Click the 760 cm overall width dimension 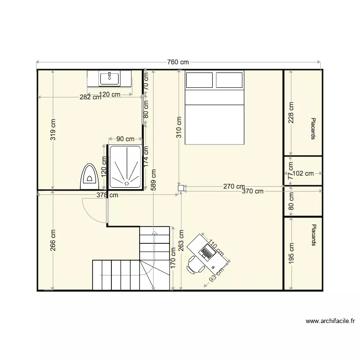coord(178,62)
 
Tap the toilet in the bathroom coord(88,176)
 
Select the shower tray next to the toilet coord(125,167)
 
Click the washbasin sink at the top coord(109,77)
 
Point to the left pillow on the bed coord(199,80)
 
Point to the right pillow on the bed coord(229,80)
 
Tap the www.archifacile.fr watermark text coord(330,321)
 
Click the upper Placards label coord(313,129)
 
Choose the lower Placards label coord(313,235)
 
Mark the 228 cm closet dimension coord(291,113)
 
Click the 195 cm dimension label coord(291,252)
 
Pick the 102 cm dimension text coord(302,174)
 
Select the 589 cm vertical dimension coord(153,180)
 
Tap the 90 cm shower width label coord(125,139)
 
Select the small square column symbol coord(181,189)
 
